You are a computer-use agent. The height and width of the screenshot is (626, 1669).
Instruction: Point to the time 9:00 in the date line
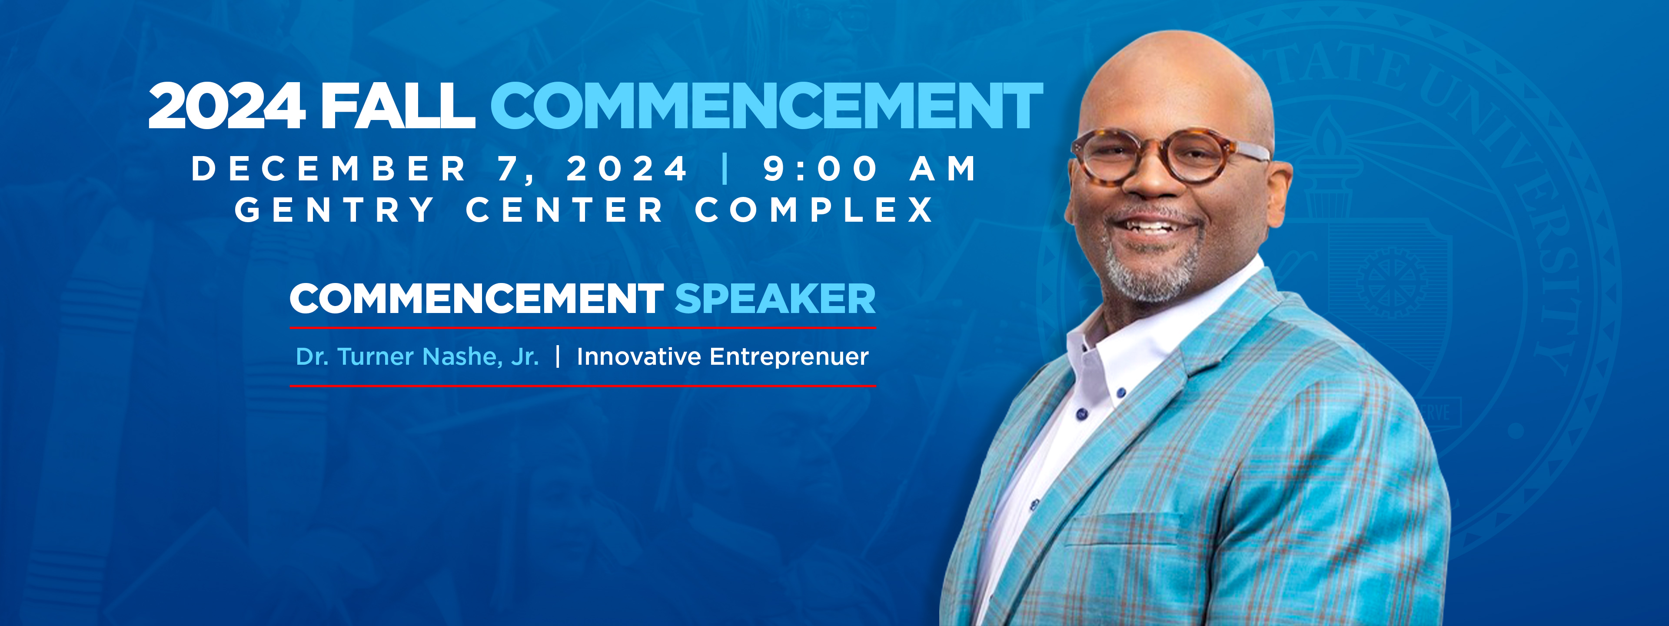click(820, 169)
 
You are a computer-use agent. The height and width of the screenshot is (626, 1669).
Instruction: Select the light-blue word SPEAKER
click(775, 299)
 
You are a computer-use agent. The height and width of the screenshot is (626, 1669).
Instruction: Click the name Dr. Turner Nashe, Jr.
click(417, 357)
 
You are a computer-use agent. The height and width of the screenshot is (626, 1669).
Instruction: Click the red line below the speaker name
click(582, 386)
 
